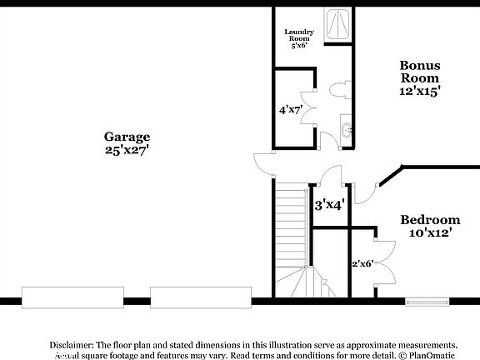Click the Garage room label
pos(127,137)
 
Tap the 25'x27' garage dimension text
pos(127,151)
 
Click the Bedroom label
pos(430,220)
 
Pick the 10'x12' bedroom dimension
pos(430,234)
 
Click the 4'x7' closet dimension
pos(290,109)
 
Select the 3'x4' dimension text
pos(330,203)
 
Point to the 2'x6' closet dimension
pos(362,263)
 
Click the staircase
pos(292,233)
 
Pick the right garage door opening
pos(200,297)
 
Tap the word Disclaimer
pos(72,344)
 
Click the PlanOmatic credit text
pos(432,354)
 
